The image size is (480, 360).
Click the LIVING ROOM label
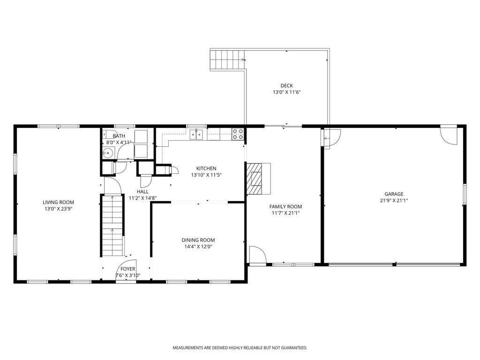tap(59, 202)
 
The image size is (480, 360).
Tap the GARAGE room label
tap(394, 194)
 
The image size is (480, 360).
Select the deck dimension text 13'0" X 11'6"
tap(286, 92)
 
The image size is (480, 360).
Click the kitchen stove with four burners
tap(238, 134)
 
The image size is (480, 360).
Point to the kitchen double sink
tap(197, 135)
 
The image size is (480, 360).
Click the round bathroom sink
tap(107, 152)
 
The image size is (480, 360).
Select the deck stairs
tap(227, 60)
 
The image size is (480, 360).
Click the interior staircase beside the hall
tap(112, 225)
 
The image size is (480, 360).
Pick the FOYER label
tap(127, 269)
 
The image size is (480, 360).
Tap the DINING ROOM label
tap(198, 240)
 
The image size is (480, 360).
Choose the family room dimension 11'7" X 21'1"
tap(285, 213)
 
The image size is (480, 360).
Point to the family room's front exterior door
tap(257, 255)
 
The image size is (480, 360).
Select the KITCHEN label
tap(206, 168)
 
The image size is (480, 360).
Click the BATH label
tap(112, 136)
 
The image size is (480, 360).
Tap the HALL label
tap(143, 192)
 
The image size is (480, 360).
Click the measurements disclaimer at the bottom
tap(240, 348)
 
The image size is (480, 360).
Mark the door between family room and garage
tap(330, 138)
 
